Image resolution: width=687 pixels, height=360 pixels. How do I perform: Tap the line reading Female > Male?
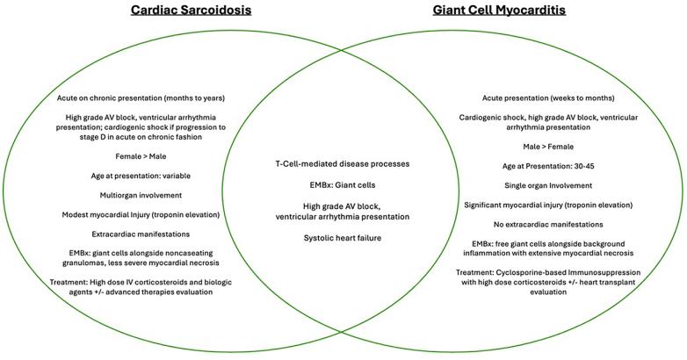coord(141,156)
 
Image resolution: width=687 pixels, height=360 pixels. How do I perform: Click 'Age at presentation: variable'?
coord(141,176)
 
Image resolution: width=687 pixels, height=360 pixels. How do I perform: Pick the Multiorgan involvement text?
coord(141,195)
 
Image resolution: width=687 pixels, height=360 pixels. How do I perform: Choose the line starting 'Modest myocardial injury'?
coord(141,214)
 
